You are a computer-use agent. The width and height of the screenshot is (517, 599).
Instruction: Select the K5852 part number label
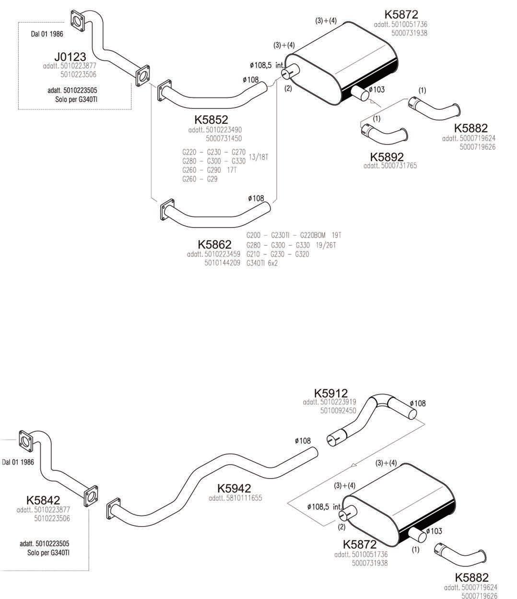coord(211,120)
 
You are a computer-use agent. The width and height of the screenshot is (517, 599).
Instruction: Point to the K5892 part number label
coord(387,156)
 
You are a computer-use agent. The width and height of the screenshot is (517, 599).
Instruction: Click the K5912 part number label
coord(331,393)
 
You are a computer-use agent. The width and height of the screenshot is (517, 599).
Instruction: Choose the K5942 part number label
coord(234,488)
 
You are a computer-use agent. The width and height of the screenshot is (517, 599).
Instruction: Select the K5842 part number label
coord(43,500)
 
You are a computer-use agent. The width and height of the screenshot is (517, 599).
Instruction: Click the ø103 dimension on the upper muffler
coord(377,89)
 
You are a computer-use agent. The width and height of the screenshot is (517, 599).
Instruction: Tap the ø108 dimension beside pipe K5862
coord(257,198)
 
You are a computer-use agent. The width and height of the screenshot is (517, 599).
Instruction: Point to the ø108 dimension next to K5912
coord(418,404)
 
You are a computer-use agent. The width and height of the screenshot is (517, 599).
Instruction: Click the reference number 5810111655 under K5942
coord(235,498)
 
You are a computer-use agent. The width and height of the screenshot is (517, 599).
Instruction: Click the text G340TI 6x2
coord(262,263)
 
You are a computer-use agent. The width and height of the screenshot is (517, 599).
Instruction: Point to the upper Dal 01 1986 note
coord(47,34)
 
